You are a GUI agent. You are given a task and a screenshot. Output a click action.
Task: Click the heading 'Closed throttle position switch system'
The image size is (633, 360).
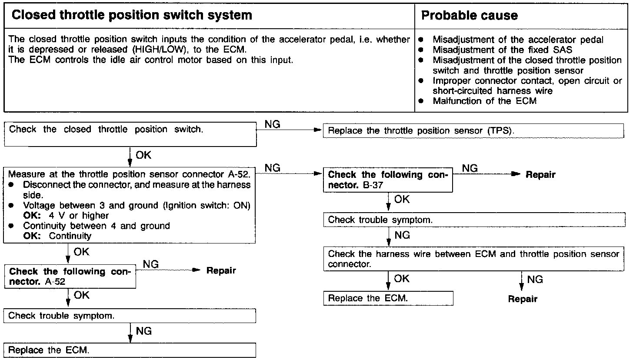131,16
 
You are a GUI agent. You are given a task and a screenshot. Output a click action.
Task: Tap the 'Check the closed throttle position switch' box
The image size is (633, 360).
130,134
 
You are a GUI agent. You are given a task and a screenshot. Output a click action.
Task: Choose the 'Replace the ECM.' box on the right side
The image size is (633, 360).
388,298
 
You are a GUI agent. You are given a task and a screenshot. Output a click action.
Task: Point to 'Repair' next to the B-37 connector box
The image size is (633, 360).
540,175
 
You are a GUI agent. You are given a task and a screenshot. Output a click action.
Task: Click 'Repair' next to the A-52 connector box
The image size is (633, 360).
221,271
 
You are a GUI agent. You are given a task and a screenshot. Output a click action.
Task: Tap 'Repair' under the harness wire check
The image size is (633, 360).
523,299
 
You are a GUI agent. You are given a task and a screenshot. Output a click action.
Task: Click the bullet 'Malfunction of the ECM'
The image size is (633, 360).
484,101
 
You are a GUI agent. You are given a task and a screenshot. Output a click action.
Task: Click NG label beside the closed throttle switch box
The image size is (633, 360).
272,124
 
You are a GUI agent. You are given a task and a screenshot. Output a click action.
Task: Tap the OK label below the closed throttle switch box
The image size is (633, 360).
143,155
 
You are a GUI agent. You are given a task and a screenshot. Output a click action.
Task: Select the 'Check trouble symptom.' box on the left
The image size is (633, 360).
130,316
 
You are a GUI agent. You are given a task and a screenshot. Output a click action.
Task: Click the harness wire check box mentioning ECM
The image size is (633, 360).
474,259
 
